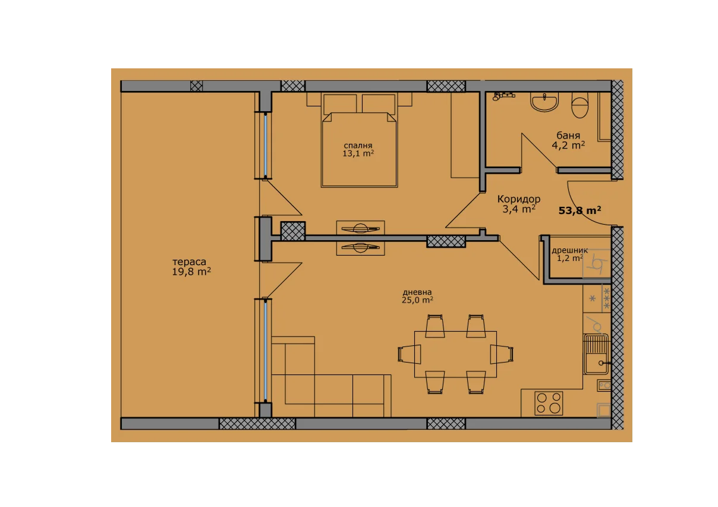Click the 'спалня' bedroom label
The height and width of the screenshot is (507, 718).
click(358, 146)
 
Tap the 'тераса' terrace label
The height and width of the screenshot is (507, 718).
click(189, 262)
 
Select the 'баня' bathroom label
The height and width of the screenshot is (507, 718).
click(568, 136)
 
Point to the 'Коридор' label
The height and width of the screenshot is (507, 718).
click(519, 199)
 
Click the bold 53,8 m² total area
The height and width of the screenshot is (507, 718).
click(580, 210)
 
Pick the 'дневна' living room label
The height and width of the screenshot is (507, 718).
click(417, 292)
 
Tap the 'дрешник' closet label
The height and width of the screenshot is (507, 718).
click(569, 250)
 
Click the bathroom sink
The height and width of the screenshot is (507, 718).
click(544, 102)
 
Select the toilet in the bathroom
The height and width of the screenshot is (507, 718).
click(580, 105)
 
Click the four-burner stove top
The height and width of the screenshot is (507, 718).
click(549, 403)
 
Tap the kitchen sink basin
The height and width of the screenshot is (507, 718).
click(596, 354)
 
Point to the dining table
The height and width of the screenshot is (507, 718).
click(455, 354)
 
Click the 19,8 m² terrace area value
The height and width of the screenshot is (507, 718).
click(191, 272)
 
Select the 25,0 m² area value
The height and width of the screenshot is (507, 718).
click(417, 300)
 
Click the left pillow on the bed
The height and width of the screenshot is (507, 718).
click(340, 104)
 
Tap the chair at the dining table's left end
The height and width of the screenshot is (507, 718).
click(410, 354)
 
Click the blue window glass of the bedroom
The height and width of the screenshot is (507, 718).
click(266, 145)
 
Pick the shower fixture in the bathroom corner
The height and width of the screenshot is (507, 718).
click(503, 96)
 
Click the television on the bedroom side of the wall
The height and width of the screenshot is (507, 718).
click(361, 228)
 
